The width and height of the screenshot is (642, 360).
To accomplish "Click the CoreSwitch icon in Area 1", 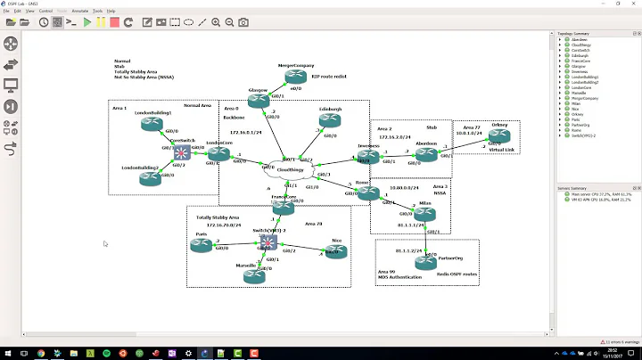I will click(183, 152).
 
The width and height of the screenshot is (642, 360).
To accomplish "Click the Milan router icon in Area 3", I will click(424, 215).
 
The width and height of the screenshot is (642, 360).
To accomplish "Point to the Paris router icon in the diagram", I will click(202, 247).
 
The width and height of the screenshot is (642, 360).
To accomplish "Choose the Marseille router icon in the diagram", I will click(256, 275).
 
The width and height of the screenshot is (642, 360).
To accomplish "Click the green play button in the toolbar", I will click(86, 22).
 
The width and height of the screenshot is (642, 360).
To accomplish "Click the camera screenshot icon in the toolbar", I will click(243, 22).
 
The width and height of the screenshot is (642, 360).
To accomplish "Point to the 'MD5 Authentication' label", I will click(400, 277).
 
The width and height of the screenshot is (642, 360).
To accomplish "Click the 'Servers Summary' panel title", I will click(572, 189).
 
